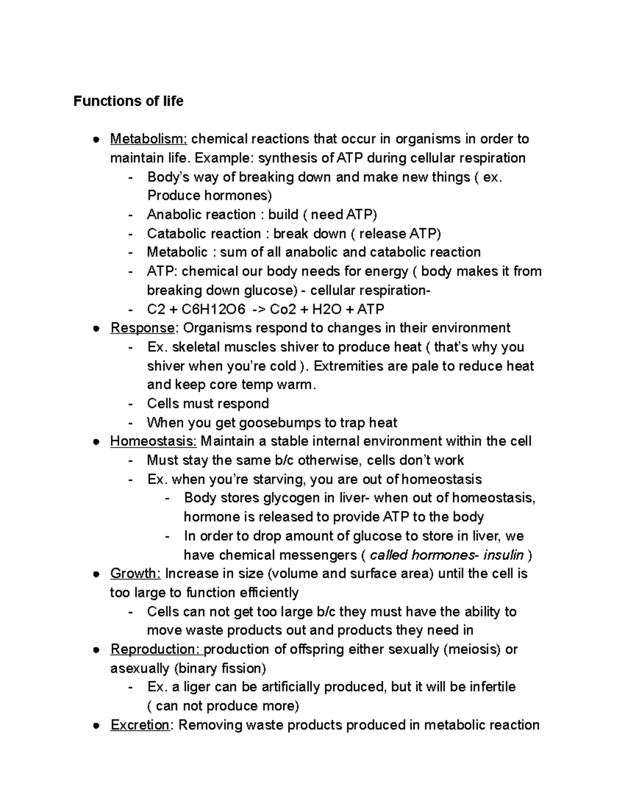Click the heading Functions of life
click(x=128, y=101)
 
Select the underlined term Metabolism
click(x=148, y=139)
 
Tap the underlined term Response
click(x=142, y=328)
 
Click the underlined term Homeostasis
click(x=153, y=441)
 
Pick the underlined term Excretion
click(x=140, y=725)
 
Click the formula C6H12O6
click(x=213, y=309)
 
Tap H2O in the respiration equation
click(x=326, y=309)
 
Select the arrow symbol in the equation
click(x=258, y=309)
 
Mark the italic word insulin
click(x=503, y=555)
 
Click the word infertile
click(x=492, y=687)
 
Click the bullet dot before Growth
click(x=95, y=574)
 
